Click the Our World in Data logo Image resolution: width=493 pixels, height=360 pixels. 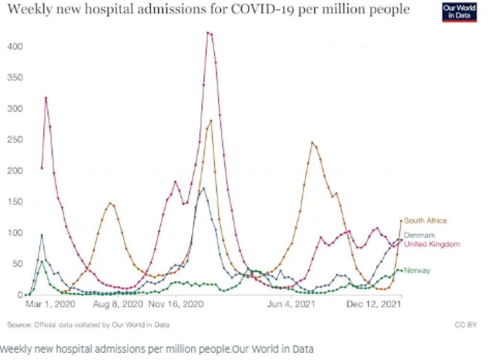(x=459, y=12)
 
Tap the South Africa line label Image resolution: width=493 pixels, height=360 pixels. (x=425, y=221)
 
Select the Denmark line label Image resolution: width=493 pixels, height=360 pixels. (x=420, y=235)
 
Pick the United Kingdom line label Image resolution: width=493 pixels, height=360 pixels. (x=432, y=244)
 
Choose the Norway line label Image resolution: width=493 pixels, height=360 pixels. (x=417, y=271)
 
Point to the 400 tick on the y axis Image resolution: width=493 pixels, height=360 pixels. (x=15, y=47)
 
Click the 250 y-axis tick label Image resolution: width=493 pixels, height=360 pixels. (x=15, y=139)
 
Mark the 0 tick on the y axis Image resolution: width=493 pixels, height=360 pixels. (x=20, y=295)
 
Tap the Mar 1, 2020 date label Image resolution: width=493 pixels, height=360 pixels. (x=50, y=304)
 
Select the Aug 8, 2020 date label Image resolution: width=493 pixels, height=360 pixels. (x=118, y=304)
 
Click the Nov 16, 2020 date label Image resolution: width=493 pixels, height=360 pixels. (x=176, y=304)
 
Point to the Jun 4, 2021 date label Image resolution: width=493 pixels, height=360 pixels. (x=291, y=304)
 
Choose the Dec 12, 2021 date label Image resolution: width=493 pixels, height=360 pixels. (x=374, y=304)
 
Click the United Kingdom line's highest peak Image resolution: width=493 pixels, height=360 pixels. (x=208, y=33)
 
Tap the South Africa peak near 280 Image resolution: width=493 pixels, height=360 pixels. (x=211, y=120)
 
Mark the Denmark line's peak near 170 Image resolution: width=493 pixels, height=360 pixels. (x=203, y=189)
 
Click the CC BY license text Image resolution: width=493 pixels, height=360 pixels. (x=466, y=324)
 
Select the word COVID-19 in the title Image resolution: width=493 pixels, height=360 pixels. (x=262, y=9)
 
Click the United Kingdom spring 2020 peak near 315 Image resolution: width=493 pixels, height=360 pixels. (x=46, y=98)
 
